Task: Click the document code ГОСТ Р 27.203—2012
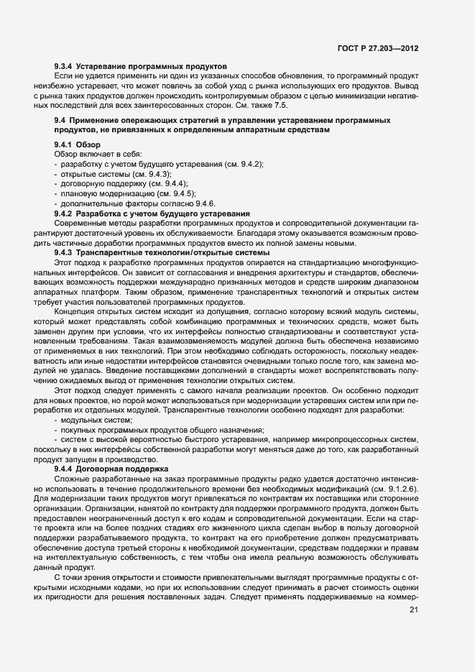pos(378,47)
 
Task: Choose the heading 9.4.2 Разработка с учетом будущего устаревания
pos(152,214)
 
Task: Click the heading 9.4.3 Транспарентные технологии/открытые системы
pos(152,253)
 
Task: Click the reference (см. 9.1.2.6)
pos(392,488)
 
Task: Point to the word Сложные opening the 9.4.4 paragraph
pos(73,478)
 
